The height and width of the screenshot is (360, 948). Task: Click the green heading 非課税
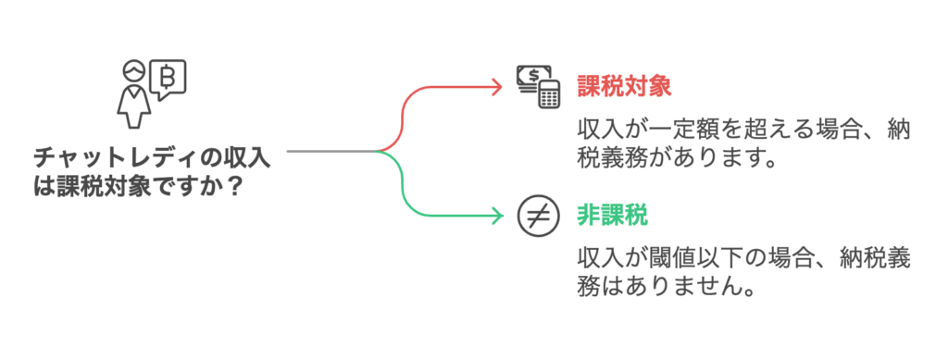pyautogui.click(x=611, y=215)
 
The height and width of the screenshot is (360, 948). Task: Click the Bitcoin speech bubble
pyautogui.click(x=169, y=80)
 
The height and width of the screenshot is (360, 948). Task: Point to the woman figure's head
pyautogui.click(x=135, y=71)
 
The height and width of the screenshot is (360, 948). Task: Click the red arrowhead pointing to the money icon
pyautogui.click(x=496, y=86)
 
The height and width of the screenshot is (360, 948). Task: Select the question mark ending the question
pyautogui.click(x=235, y=185)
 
